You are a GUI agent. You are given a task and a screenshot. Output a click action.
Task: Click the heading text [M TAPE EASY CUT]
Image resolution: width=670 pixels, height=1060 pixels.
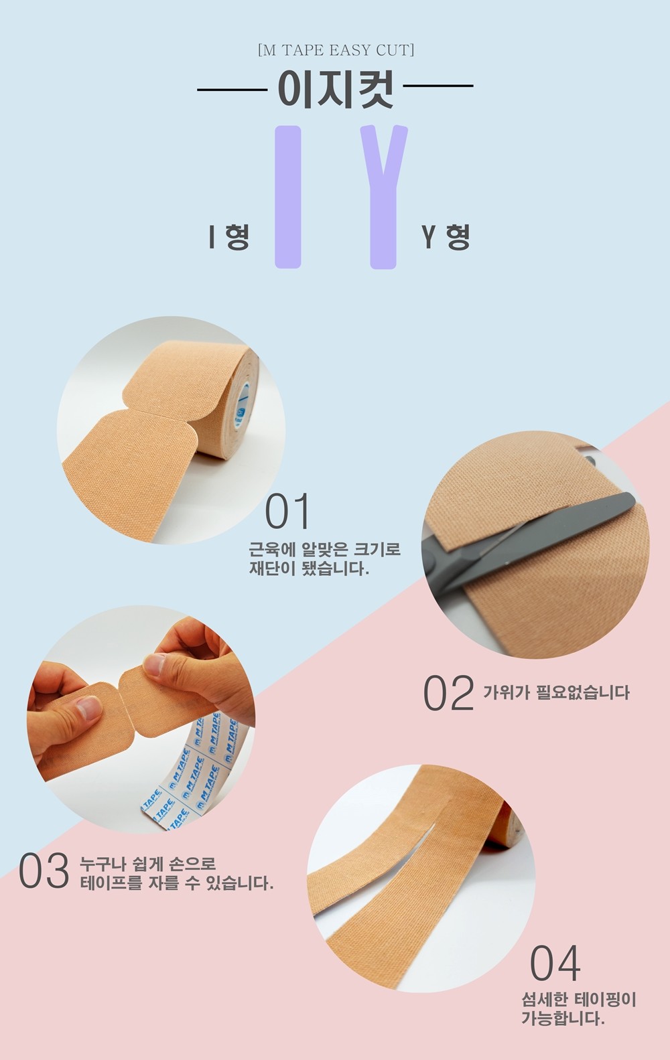click(x=336, y=50)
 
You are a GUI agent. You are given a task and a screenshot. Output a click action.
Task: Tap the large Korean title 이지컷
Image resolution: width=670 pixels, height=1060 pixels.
click(x=335, y=88)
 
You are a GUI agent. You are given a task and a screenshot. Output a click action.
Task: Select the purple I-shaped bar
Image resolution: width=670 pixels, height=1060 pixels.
click(x=288, y=197)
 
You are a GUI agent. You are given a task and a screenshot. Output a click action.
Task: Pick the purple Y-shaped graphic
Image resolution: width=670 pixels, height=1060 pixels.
click(x=383, y=197)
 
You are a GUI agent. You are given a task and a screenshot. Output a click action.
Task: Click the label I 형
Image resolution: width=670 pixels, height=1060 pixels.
click(x=229, y=236)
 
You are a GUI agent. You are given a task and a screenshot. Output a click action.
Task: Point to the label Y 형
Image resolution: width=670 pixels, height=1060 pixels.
click(x=446, y=236)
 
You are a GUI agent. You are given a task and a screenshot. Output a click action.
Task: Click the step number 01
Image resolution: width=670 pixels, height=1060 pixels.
click(x=287, y=511)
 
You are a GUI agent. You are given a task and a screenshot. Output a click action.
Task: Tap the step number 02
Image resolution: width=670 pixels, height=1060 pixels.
click(x=448, y=692)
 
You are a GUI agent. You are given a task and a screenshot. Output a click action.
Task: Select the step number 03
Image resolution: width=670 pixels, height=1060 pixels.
click(x=44, y=870)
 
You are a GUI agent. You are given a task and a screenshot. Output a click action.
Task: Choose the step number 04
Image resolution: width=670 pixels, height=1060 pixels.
click(x=555, y=963)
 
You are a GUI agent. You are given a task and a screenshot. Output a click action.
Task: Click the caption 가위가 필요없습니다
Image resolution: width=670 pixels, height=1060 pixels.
click(x=556, y=693)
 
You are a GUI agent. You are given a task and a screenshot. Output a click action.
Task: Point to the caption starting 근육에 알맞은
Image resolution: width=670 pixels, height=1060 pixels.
click(x=325, y=558)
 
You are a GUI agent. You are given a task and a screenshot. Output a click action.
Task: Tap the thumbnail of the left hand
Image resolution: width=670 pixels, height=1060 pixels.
click(x=89, y=708)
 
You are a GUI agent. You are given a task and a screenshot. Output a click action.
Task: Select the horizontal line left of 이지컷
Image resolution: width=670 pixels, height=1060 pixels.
click(x=232, y=89)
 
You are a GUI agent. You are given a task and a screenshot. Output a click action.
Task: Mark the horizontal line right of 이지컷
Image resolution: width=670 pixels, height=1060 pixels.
click(x=438, y=86)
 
